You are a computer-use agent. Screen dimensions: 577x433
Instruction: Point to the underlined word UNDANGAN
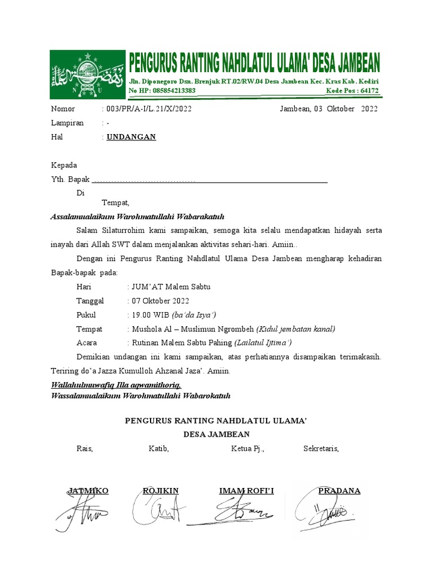pyautogui.click(x=131, y=137)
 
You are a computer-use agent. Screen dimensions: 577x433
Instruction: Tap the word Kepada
pyautogui.click(x=64, y=166)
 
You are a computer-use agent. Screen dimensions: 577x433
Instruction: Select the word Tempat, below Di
pyautogui.click(x=116, y=203)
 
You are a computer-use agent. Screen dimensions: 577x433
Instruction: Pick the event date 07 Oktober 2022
pyautogui.click(x=161, y=301)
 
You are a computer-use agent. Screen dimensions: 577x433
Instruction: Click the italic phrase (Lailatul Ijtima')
pyautogui.click(x=262, y=343)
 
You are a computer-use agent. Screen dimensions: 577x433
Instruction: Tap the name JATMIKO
pyautogui.click(x=89, y=491)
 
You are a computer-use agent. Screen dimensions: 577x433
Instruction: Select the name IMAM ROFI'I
pyautogui.click(x=246, y=491)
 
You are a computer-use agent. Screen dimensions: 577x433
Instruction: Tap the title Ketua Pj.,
pyautogui.click(x=248, y=449)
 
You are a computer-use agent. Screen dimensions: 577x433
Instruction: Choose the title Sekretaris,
pyautogui.click(x=321, y=449)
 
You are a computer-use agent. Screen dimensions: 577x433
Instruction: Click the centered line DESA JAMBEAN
pyautogui.click(x=216, y=434)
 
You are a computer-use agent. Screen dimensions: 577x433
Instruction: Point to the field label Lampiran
pyautogui.click(x=68, y=123)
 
